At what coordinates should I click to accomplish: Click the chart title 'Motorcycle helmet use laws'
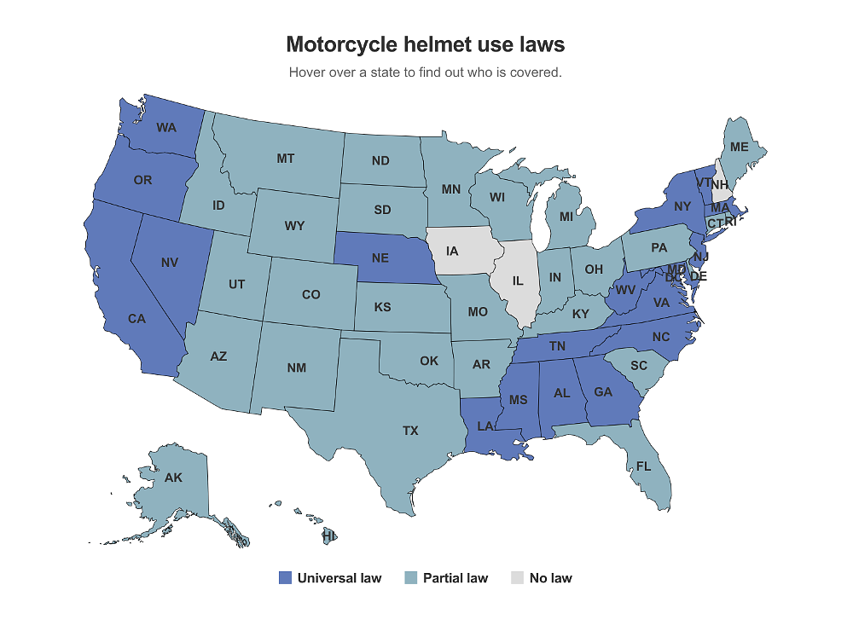pos(425,43)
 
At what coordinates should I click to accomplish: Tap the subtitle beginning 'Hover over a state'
pos(425,72)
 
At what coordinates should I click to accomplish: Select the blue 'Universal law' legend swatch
pos(286,578)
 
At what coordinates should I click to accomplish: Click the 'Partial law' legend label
pos(455,578)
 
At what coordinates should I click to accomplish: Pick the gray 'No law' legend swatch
pos(517,578)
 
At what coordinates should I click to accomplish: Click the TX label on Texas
pos(410,431)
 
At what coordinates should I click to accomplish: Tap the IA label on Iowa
pos(452,251)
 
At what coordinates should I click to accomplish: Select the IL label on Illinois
pos(518,281)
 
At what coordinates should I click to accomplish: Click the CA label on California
pos(136,318)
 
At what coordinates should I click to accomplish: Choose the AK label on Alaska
pos(173,478)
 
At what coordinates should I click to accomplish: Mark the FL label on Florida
pos(643,466)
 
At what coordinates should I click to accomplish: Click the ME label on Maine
pos(739,147)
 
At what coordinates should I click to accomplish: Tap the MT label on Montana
pos(286,159)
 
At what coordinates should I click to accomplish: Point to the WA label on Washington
pos(166,128)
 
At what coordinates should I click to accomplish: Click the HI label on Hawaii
pos(328,536)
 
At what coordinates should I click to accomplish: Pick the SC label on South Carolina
pos(639,365)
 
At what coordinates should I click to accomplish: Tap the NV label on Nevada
pos(169,263)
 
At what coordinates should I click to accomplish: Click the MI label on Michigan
pos(566,217)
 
